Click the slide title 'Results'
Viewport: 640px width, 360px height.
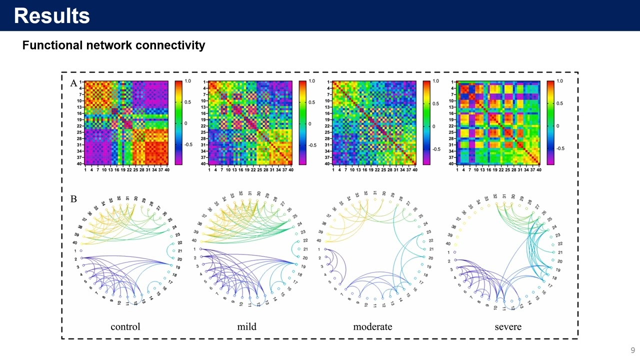tap(51, 16)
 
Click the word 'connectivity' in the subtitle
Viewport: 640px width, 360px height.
tap(172, 45)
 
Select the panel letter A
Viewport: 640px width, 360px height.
tap(73, 83)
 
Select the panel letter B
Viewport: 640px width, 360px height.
tap(73, 199)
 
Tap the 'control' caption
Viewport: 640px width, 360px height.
tap(125, 326)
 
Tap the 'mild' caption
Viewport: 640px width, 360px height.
tap(246, 326)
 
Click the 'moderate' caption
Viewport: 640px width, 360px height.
tap(372, 326)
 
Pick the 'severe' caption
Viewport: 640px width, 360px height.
tap(508, 326)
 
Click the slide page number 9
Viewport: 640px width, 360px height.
tap(632, 350)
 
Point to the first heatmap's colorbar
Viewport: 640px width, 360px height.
tap(178, 122)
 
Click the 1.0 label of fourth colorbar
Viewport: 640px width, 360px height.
tap(559, 81)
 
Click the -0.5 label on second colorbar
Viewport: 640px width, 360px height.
tap(312, 145)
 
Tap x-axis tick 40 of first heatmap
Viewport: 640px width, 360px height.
tap(167, 170)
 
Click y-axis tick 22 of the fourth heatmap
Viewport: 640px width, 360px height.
tap(451, 126)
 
